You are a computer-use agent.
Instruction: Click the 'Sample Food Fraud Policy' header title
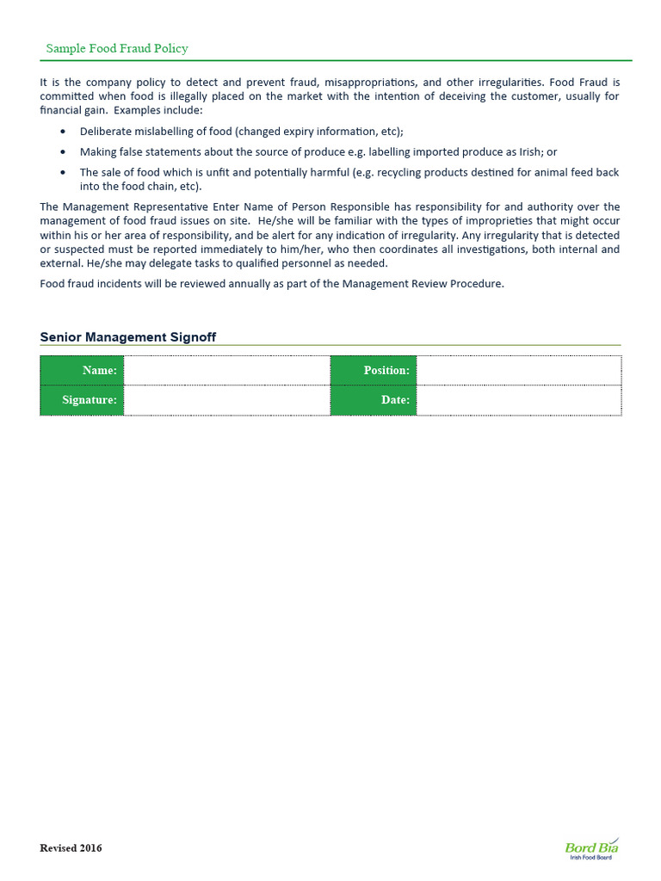pos(117,49)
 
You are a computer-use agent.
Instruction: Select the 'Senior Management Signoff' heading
pos(128,337)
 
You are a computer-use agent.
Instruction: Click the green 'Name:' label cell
pos(82,370)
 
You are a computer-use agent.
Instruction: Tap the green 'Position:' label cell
pos(374,370)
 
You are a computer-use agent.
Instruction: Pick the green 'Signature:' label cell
pos(82,400)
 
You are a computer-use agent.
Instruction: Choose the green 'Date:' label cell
pos(374,400)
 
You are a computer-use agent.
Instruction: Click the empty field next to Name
pos(227,370)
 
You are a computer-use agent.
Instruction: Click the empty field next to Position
pos(518,370)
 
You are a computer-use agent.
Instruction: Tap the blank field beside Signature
pos(227,400)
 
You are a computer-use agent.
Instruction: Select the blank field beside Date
pos(518,400)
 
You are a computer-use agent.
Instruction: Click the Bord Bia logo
pos(591,848)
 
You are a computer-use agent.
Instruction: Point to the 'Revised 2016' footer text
pos(71,848)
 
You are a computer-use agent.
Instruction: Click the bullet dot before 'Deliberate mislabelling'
pos(65,132)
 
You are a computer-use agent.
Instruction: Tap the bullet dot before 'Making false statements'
pos(65,152)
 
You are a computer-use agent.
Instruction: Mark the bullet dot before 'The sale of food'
pos(65,173)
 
